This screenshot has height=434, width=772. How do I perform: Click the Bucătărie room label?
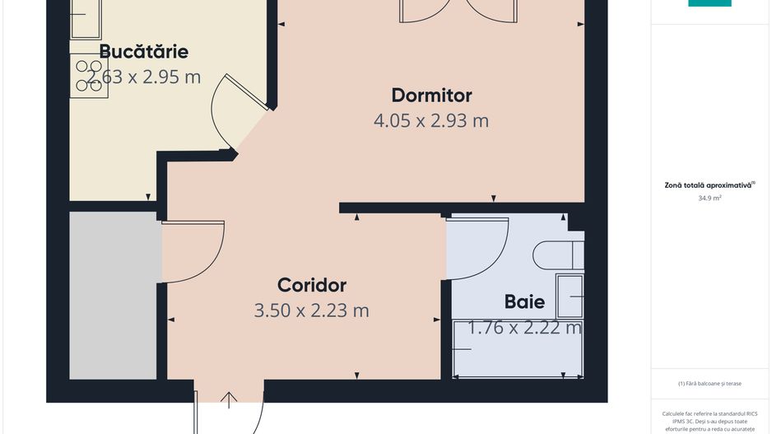(x=143, y=52)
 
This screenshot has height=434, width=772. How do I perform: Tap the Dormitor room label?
(x=431, y=95)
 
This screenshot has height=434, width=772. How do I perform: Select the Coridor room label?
(x=312, y=285)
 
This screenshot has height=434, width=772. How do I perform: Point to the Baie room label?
(x=524, y=301)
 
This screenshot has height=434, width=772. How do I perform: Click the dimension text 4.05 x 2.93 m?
(x=431, y=121)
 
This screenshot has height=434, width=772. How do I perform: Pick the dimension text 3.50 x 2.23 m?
(x=312, y=310)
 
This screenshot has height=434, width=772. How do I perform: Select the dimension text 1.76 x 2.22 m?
(x=524, y=328)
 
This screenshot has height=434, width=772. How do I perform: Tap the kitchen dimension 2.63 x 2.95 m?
(x=143, y=77)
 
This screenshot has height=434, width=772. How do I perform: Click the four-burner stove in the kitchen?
(x=89, y=76)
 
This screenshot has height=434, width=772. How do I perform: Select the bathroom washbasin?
(x=570, y=296)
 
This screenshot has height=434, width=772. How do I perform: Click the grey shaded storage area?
(x=114, y=295)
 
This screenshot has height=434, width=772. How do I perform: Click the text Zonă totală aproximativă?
(x=708, y=185)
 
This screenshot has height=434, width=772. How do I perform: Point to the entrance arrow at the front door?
(x=229, y=400)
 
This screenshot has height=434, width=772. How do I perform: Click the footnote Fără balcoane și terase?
(x=709, y=383)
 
